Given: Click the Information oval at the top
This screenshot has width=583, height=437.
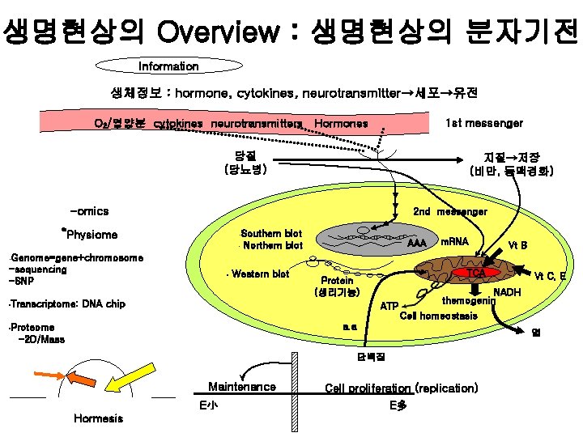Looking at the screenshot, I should click(x=168, y=66).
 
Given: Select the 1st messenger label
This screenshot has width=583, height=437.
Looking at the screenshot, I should click(x=484, y=123).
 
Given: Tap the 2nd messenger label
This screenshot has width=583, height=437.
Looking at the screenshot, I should click(x=450, y=212).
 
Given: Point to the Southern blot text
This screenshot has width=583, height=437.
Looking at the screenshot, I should click(x=271, y=234).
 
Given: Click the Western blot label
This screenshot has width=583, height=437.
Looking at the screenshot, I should click(x=259, y=274).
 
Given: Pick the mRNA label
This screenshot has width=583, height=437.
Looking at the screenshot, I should click(x=454, y=241).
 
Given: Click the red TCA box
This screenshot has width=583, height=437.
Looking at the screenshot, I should click(x=477, y=274).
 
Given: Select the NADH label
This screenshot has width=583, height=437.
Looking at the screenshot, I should click(x=507, y=291).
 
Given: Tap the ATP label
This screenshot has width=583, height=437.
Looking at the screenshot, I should click(x=389, y=307).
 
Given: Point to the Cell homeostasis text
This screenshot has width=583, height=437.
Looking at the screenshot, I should click(x=439, y=316).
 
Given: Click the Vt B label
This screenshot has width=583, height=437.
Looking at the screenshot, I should click(x=518, y=245).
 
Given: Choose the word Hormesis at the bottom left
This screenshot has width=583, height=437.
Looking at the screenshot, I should click(x=98, y=418).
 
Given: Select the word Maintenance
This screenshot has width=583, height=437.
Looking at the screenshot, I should click(x=242, y=388).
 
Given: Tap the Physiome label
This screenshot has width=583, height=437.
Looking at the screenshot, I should click(x=92, y=235).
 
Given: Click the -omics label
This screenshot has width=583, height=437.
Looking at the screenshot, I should click(x=89, y=211).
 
